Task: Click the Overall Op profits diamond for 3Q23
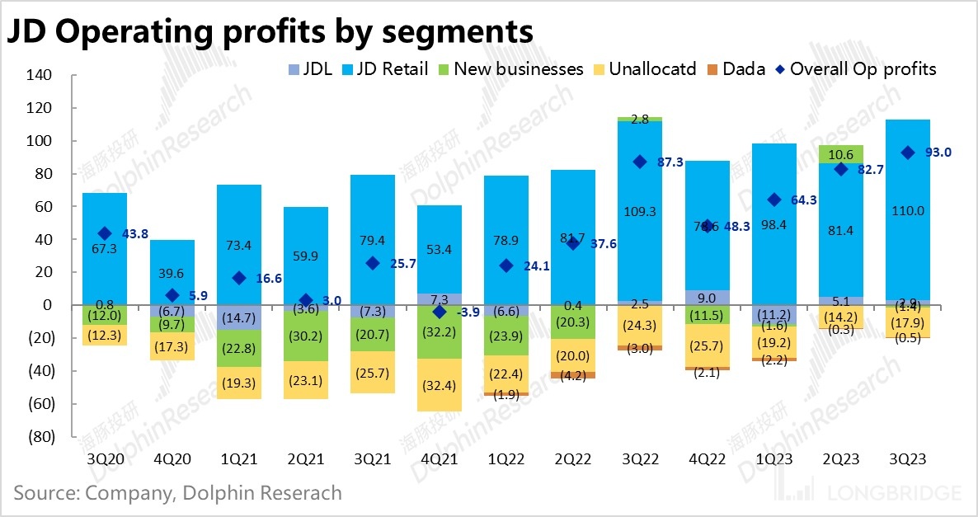908,153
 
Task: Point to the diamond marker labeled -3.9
440,312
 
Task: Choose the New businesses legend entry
518,69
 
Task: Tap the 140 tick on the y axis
40,75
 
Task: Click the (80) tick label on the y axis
40,436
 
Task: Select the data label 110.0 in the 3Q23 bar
908,211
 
